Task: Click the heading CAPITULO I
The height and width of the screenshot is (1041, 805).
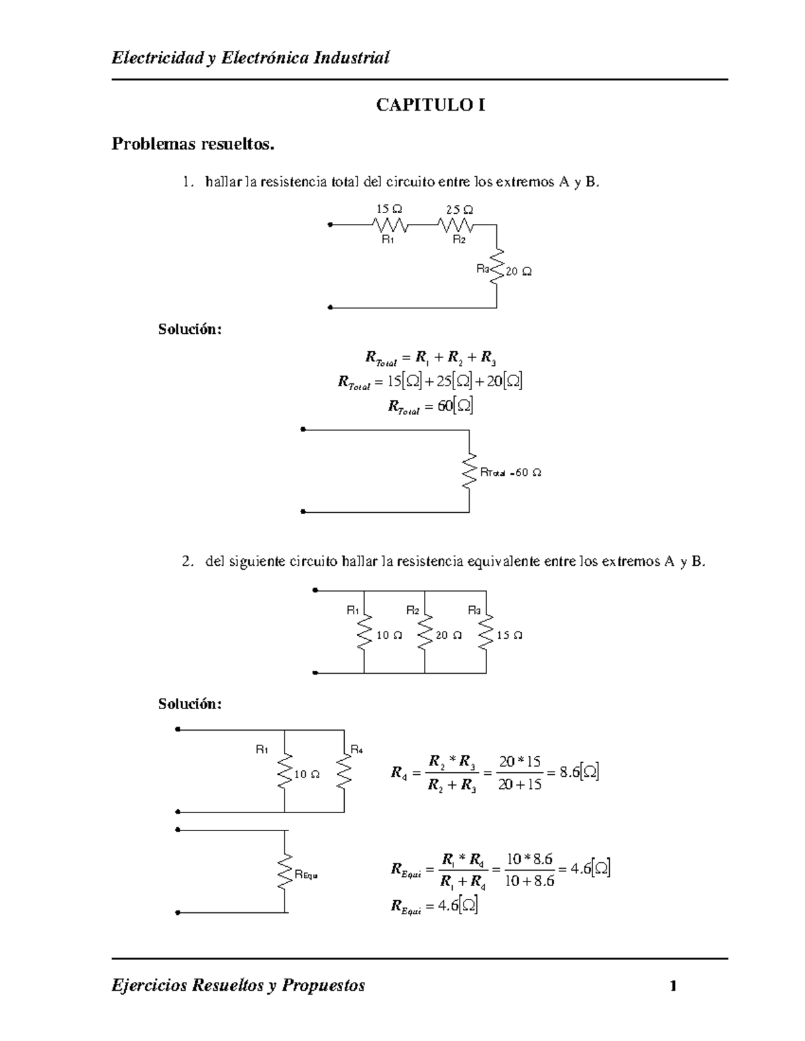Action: tap(430, 105)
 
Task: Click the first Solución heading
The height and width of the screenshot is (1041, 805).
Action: tap(190, 329)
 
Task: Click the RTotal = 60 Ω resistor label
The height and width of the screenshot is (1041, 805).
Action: tap(511, 473)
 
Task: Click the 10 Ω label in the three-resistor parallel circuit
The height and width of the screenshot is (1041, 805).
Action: tap(389, 635)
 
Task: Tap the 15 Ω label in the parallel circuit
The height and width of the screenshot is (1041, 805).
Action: tap(509, 635)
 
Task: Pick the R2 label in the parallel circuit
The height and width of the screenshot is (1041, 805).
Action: tap(413, 610)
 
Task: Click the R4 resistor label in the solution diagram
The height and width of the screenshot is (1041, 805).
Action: tap(356, 749)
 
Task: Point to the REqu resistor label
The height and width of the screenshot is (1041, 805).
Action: tap(306, 874)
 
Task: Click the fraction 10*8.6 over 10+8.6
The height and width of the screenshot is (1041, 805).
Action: tap(530, 869)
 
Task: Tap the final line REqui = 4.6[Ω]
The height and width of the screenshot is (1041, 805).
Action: tap(435, 906)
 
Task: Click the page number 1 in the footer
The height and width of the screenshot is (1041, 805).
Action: tap(673, 985)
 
